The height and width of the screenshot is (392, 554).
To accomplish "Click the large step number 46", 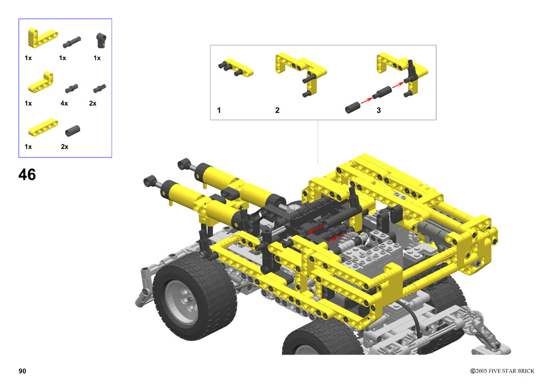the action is click(x=27, y=175).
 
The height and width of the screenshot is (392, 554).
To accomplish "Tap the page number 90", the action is click(x=22, y=371).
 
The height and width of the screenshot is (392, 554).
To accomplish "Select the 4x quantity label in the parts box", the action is click(x=64, y=103).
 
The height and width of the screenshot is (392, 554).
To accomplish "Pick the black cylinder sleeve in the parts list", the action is click(x=72, y=130).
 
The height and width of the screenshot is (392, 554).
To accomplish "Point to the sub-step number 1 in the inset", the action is click(x=219, y=110).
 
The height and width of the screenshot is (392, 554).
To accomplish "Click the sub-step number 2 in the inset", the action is click(x=278, y=110).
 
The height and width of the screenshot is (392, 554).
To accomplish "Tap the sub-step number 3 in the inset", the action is click(x=378, y=110).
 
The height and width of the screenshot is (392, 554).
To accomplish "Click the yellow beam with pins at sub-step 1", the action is click(x=236, y=67).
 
